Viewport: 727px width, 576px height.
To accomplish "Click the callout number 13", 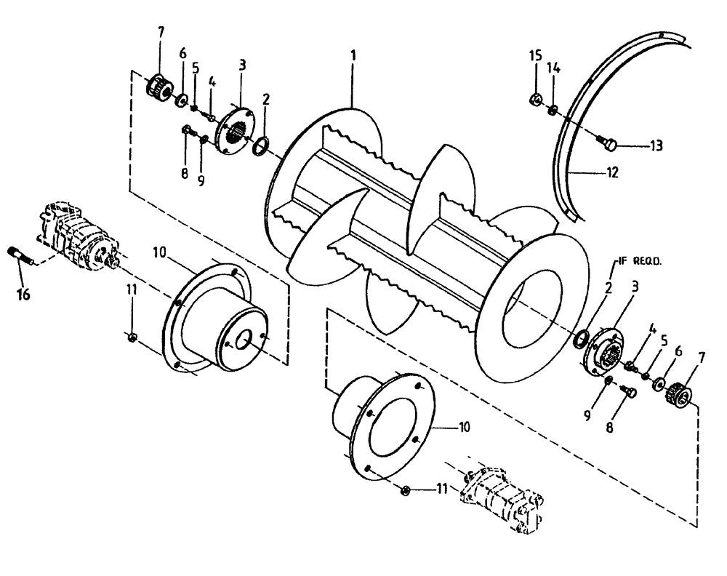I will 656,146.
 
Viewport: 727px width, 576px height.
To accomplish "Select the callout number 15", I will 534,56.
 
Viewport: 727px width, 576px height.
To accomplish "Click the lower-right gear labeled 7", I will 681,393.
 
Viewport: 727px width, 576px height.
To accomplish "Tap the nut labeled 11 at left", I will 132,335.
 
